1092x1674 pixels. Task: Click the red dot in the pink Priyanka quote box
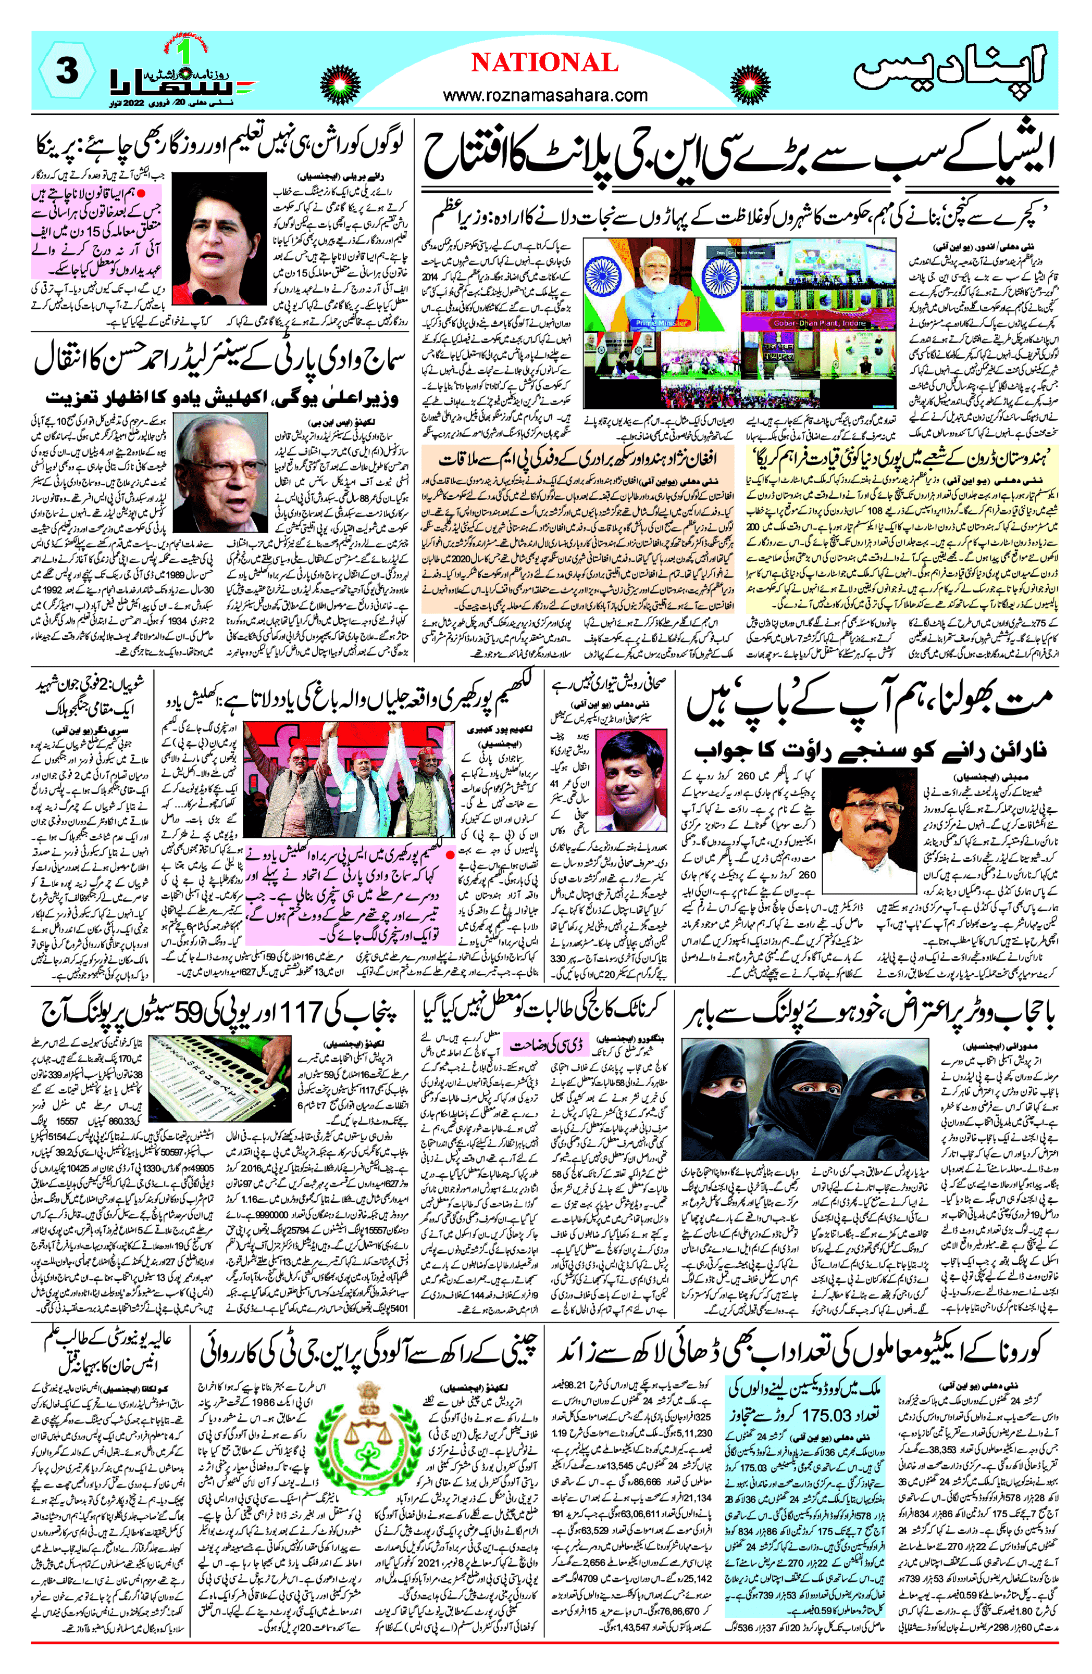coord(141,192)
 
